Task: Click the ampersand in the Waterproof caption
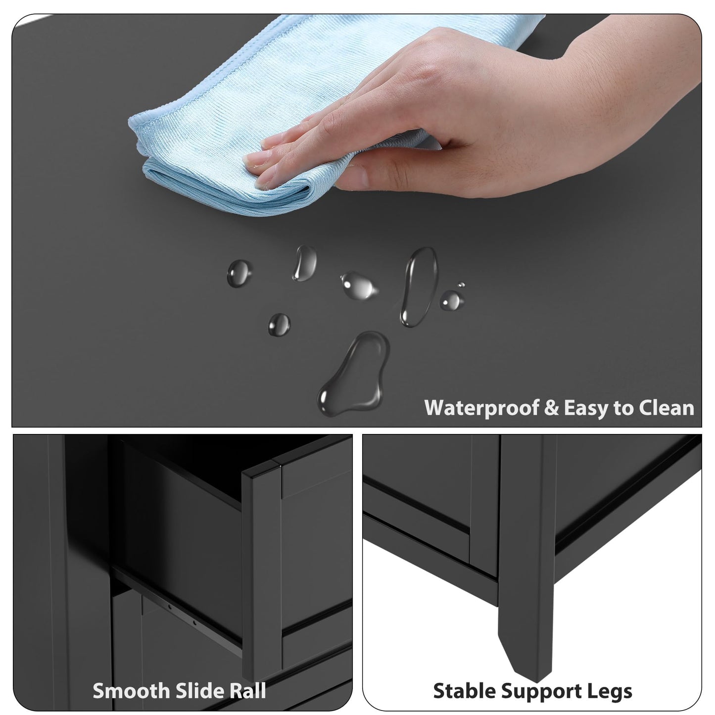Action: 551,408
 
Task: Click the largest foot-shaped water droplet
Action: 354,373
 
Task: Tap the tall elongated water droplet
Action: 419,287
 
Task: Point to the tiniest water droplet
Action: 461,285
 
